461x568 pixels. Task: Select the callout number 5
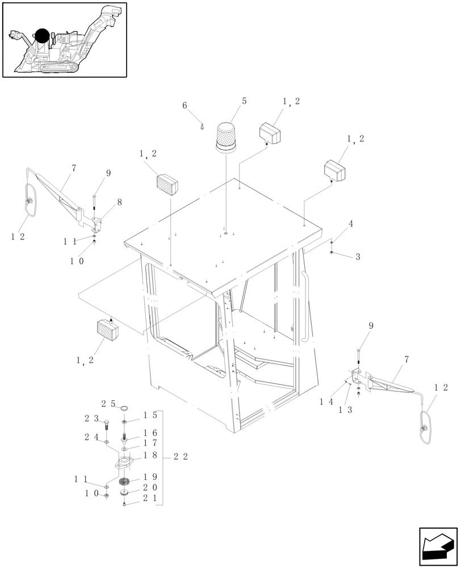[x=244, y=101]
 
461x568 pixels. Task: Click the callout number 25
[x=108, y=404]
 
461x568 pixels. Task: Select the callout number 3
[x=358, y=257]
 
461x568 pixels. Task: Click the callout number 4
[x=351, y=224]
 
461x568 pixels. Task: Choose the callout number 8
[x=119, y=202]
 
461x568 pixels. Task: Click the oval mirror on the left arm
[x=30, y=200]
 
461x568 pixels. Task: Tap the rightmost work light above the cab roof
[x=334, y=170]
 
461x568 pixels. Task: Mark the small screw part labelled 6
[x=203, y=127]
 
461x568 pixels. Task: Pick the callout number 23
[x=91, y=419]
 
